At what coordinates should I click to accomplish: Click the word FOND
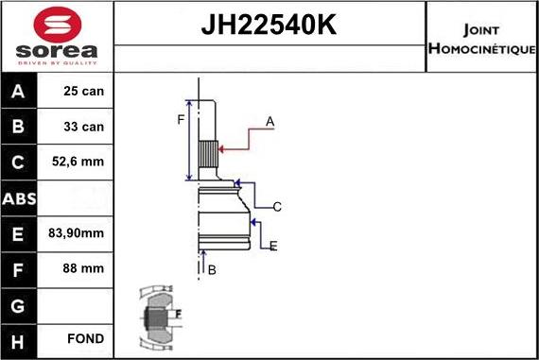[x=86, y=338]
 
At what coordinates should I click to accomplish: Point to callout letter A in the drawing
[x=269, y=121]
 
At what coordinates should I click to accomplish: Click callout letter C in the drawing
[x=277, y=206]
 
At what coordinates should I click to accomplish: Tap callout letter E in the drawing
[x=272, y=247]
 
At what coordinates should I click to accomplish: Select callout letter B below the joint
[x=212, y=270]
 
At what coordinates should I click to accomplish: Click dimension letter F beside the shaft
[x=181, y=119]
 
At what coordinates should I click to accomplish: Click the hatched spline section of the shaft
[x=208, y=152]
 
